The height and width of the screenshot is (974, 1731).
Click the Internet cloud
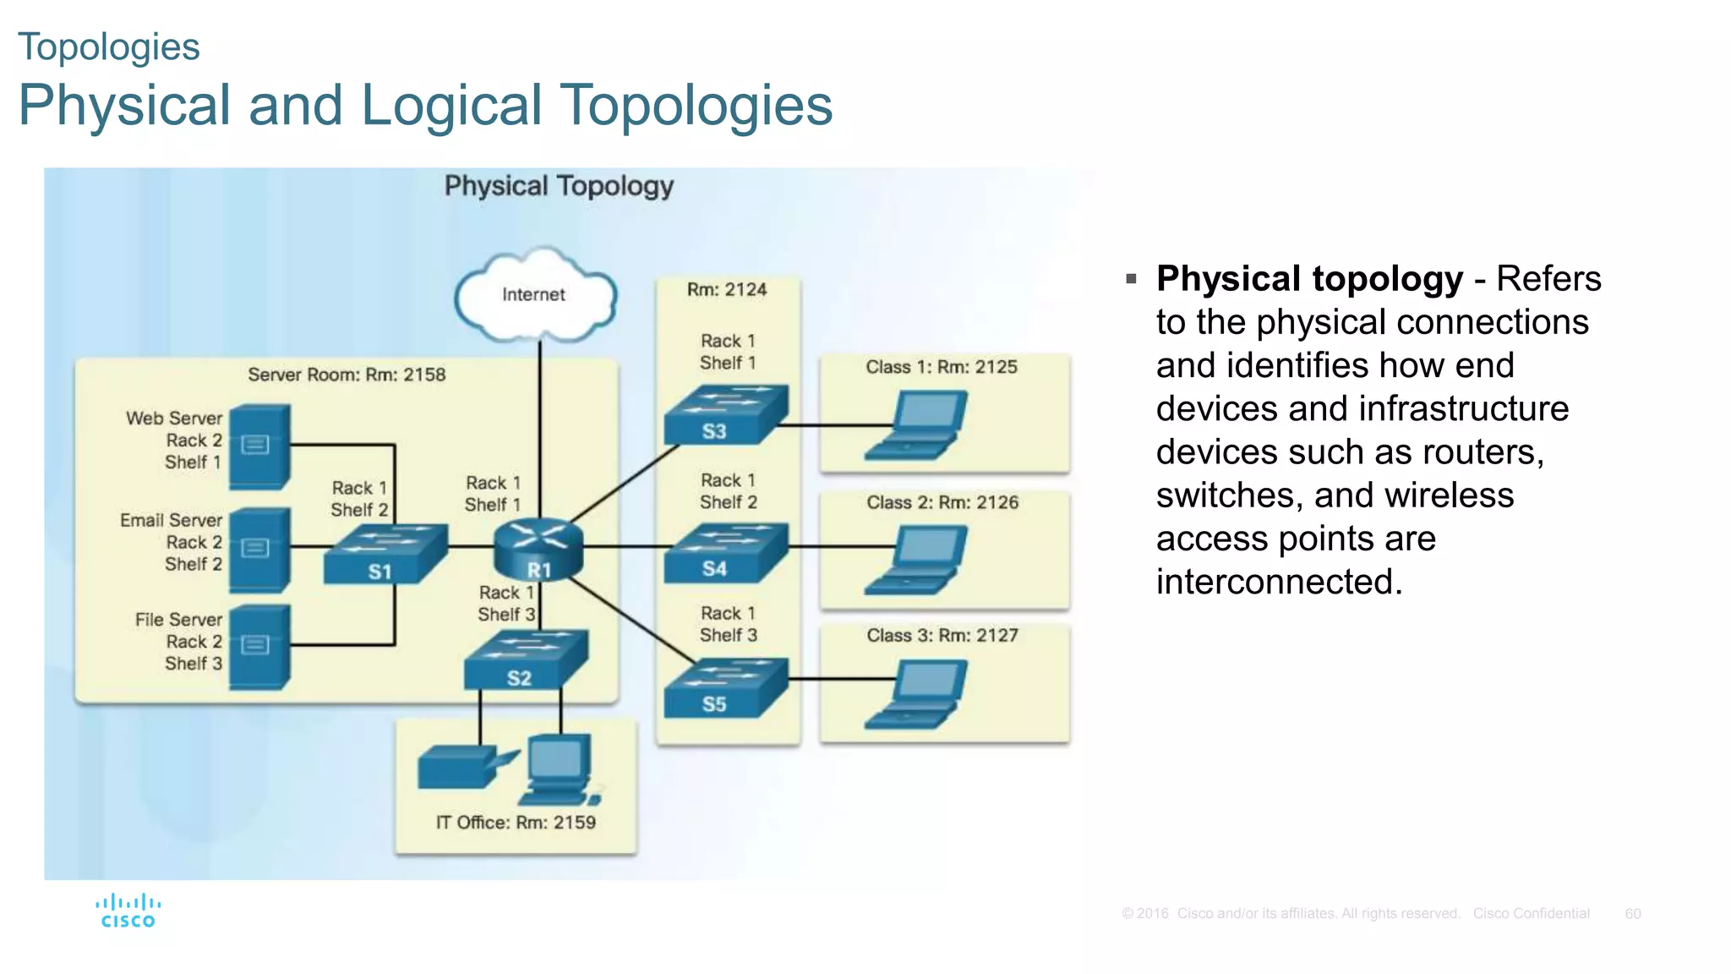(x=534, y=295)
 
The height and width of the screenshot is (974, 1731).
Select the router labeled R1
(x=538, y=550)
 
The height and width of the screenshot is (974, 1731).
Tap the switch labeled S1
(x=385, y=554)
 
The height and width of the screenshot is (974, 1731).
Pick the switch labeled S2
(x=525, y=659)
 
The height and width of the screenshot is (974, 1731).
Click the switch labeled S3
(x=725, y=413)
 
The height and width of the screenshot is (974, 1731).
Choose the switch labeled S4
(x=725, y=552)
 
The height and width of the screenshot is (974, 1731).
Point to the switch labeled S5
(x=725, y=687)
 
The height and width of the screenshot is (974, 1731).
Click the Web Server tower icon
(x=259, y=446)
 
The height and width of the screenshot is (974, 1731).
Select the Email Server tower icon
(x=259, y=550)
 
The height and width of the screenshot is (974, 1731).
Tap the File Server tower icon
(x=259, y=647)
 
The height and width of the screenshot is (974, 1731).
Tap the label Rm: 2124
(x=727, y=290)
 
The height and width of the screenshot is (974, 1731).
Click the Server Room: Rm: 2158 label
(x=347, y=375)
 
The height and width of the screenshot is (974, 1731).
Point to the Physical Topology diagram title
(x=559, y=186)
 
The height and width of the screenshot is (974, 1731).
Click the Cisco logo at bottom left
(x=128, y=911)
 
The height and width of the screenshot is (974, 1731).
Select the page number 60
(x=1632, y=914)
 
